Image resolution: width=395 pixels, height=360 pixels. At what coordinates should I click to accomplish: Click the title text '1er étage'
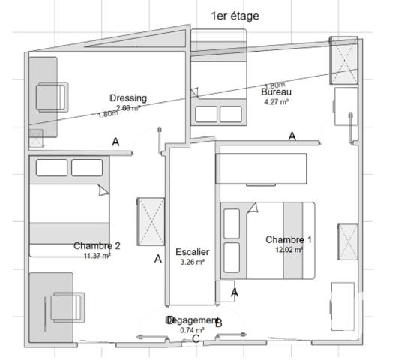pos(235,16)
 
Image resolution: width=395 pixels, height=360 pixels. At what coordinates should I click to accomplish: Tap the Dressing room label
pos(128,98)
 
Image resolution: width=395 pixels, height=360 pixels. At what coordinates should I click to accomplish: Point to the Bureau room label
pos(276,91)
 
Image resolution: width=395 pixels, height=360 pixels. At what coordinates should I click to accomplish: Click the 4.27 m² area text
pos(276,101)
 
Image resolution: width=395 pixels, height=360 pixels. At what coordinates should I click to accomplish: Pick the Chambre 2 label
pos(97,245)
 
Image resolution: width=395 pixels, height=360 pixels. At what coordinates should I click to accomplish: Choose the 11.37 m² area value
pos(97,255)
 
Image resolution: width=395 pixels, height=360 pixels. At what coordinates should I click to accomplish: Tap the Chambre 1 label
pos(289,240)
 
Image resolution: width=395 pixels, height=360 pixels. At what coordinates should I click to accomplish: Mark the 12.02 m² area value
pos(289,250)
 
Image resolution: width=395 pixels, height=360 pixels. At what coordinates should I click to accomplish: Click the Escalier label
pos(192,252)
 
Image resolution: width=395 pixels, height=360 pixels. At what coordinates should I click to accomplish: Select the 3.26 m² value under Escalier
pos(192,262)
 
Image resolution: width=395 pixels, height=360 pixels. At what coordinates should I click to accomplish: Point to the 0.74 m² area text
pos(192,330)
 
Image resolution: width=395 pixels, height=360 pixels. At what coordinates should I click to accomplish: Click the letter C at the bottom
pos(196,339)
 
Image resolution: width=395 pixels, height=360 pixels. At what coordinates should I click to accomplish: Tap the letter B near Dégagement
pos(218,323)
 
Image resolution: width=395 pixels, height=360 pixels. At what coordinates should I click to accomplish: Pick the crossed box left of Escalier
pos(150,220)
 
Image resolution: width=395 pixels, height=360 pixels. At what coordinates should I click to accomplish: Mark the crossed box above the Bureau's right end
pos(346,62)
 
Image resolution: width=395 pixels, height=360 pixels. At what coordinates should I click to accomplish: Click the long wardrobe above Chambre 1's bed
pos(261,169)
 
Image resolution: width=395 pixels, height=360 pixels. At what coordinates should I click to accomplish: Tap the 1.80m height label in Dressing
pos(108,114)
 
